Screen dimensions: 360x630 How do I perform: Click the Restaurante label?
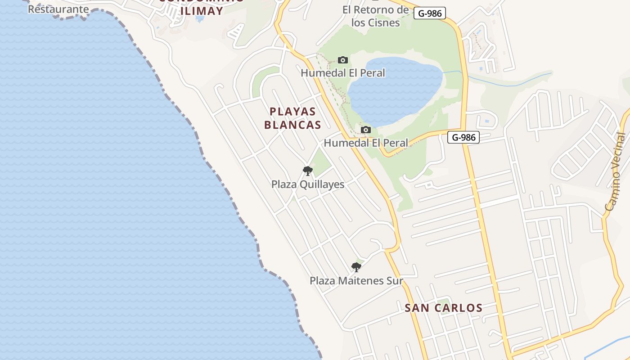click(x=58, y=9)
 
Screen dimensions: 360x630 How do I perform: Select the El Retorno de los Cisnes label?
click(x=375, y=16)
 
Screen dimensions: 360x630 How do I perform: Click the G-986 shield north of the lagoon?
click(x=430, y=13)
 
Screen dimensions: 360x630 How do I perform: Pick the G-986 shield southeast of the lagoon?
click(x=463, y=137)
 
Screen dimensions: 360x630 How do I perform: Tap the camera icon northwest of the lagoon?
click(x=342, y=60)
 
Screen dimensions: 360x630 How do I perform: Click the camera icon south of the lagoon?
click(x=366, y=130)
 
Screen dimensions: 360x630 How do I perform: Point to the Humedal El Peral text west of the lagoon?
click(x=343, y=73)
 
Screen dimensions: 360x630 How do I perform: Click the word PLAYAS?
click(x=292, y=112)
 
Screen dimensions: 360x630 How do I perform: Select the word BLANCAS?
click(x=292, y=125)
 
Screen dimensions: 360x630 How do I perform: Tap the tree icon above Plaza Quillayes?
click(x=308, y=171)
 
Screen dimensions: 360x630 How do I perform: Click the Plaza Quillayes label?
click(x=308, y=184)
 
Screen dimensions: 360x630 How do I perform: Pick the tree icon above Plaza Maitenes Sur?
click(x=356, y=267)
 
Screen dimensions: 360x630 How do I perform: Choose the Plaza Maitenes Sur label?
click(x=356, y=281)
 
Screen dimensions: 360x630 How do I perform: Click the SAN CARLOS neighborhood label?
click(x=443, y=308)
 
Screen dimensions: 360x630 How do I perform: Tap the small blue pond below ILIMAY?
click(x=199, y=20)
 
